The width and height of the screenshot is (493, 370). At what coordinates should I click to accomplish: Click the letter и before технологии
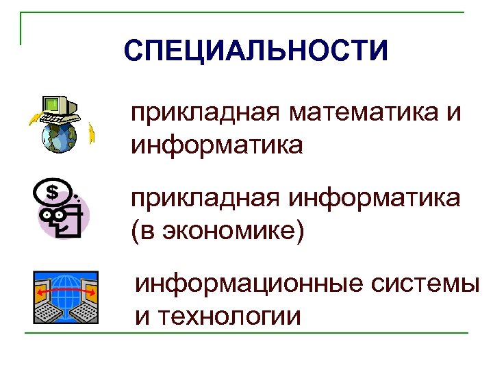[143, 317]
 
